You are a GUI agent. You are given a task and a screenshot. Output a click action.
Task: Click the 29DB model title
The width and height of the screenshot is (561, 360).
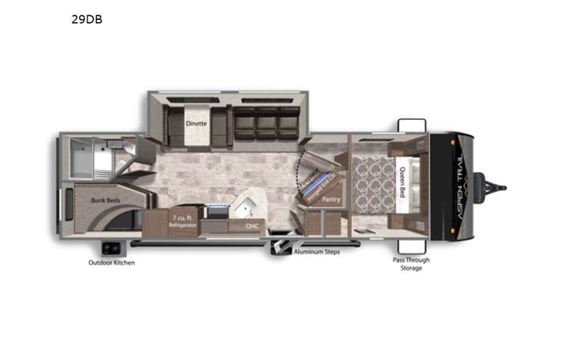point(87,20)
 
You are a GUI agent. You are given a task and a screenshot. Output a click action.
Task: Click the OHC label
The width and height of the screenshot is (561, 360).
point(252,226)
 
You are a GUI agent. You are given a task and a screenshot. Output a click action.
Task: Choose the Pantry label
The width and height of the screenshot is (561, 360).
point(332,199)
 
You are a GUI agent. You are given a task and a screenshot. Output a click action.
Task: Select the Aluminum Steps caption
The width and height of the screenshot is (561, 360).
point(315,251)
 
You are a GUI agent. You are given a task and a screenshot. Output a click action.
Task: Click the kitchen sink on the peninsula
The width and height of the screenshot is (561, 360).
point(247,203)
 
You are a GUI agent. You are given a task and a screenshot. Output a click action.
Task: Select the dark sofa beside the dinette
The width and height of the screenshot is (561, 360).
point(266,122)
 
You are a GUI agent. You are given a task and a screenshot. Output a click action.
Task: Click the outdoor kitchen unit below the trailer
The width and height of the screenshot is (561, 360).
point(111,248)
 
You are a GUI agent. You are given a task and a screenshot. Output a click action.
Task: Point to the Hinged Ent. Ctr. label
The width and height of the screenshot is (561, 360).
point(322,183)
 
